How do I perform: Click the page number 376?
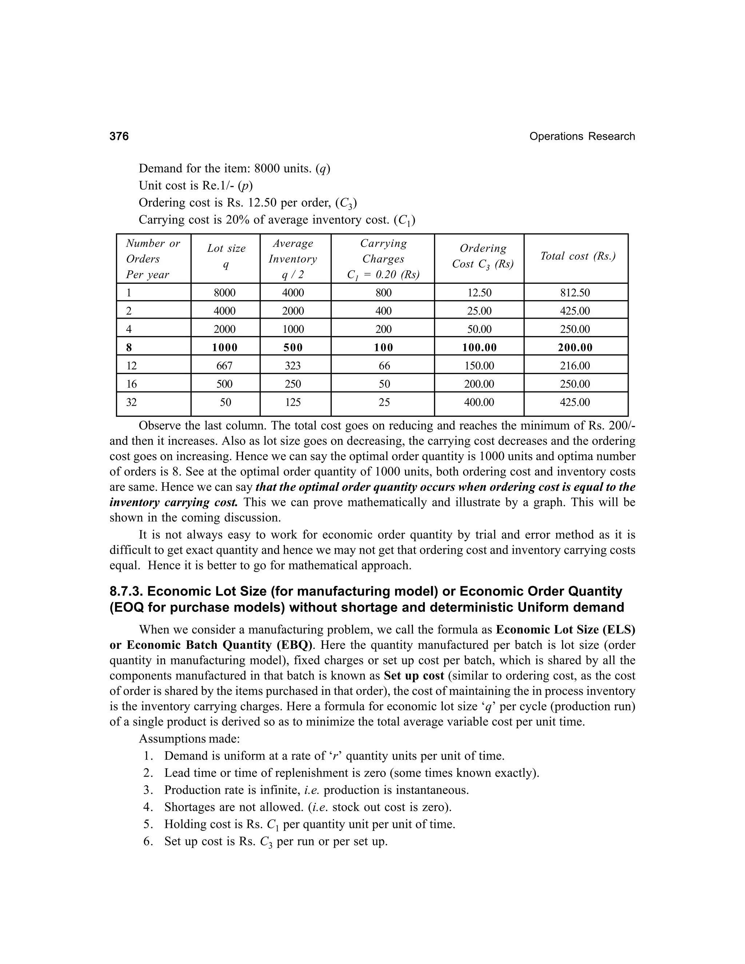click(x=119, y=136)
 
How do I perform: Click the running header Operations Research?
click(x=582, y=136)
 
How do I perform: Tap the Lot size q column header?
click(x=226, y=256)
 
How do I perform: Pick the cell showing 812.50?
click(x=575, y=292)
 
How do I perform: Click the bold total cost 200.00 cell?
click(x=575, y=347)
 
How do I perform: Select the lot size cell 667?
click(x=225, y=366)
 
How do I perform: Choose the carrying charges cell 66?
click(x=384, y=366)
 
